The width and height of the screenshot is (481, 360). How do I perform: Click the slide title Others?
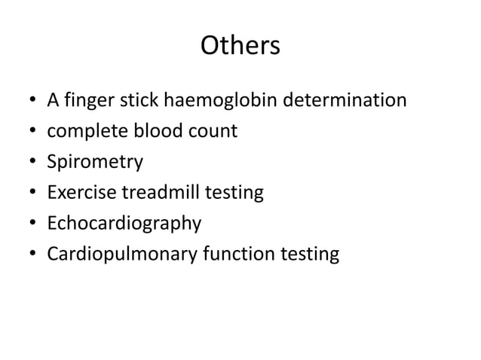pos(240,47)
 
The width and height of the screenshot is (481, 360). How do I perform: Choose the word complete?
pos(83,131)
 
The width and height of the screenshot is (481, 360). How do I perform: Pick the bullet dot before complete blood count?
pos(33,132)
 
